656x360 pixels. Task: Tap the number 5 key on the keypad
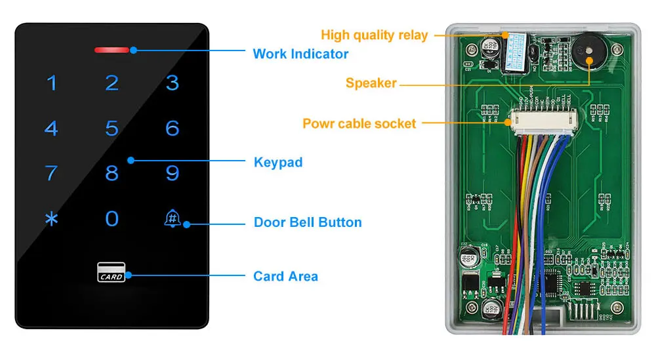click(112, 128)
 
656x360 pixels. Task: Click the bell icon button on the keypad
click(173, 218)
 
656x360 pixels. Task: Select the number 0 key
click(112, 218)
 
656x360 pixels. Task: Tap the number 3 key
click(173, 83)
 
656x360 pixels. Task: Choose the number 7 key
click(51, 173)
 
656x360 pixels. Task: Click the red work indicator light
click(112, 50)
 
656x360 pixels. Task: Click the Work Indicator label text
click(300, 54)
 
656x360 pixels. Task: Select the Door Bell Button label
click(308, 222)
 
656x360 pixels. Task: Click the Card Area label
click(285, 276)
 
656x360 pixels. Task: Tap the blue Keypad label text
click(278, 161)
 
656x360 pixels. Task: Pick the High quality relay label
click(374, 35)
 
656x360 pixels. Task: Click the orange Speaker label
click(371, 83)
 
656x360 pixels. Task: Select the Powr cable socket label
click(359, 123)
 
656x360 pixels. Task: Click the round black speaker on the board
click(588, 50)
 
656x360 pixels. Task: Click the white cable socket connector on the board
click(540, 121)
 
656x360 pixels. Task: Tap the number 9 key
click(173, 173)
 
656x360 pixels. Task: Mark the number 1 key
click(51, 83)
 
